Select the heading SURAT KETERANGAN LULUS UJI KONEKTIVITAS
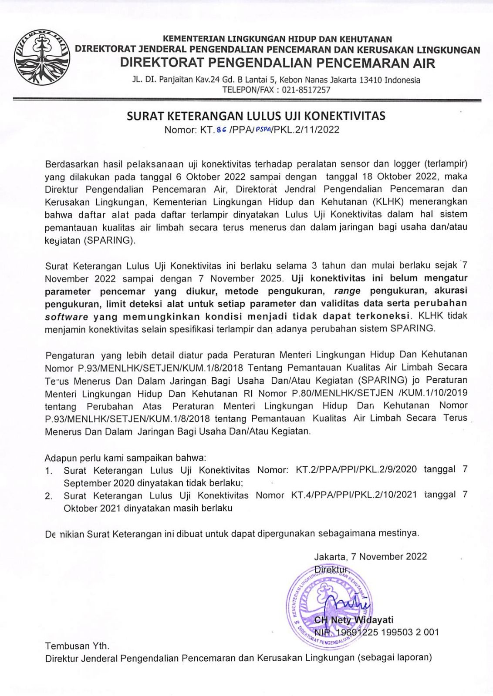coord(256,116)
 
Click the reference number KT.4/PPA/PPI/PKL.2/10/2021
coord(354,495)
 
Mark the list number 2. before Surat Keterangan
coord(49,496)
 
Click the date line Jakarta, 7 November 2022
coord(370,556)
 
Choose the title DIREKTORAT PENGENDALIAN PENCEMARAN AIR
coord(277,64)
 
